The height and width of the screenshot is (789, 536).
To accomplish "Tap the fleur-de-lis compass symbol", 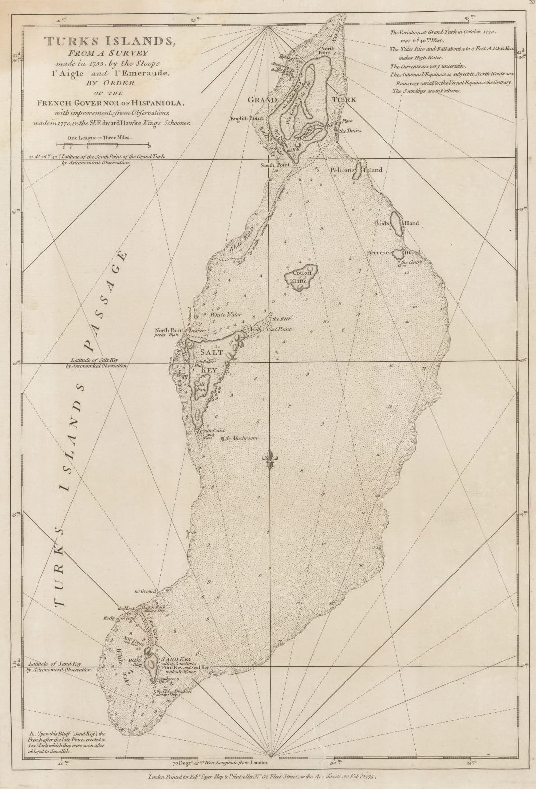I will [270, 460].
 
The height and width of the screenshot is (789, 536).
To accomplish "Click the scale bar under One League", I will [103, 144].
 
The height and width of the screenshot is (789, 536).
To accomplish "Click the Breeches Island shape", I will [398, 253].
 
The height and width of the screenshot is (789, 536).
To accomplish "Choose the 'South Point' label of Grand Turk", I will [275, 165].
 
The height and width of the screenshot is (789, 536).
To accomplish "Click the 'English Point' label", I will [248, 119].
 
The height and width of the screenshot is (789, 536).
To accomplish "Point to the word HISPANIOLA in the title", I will [159, 102].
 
